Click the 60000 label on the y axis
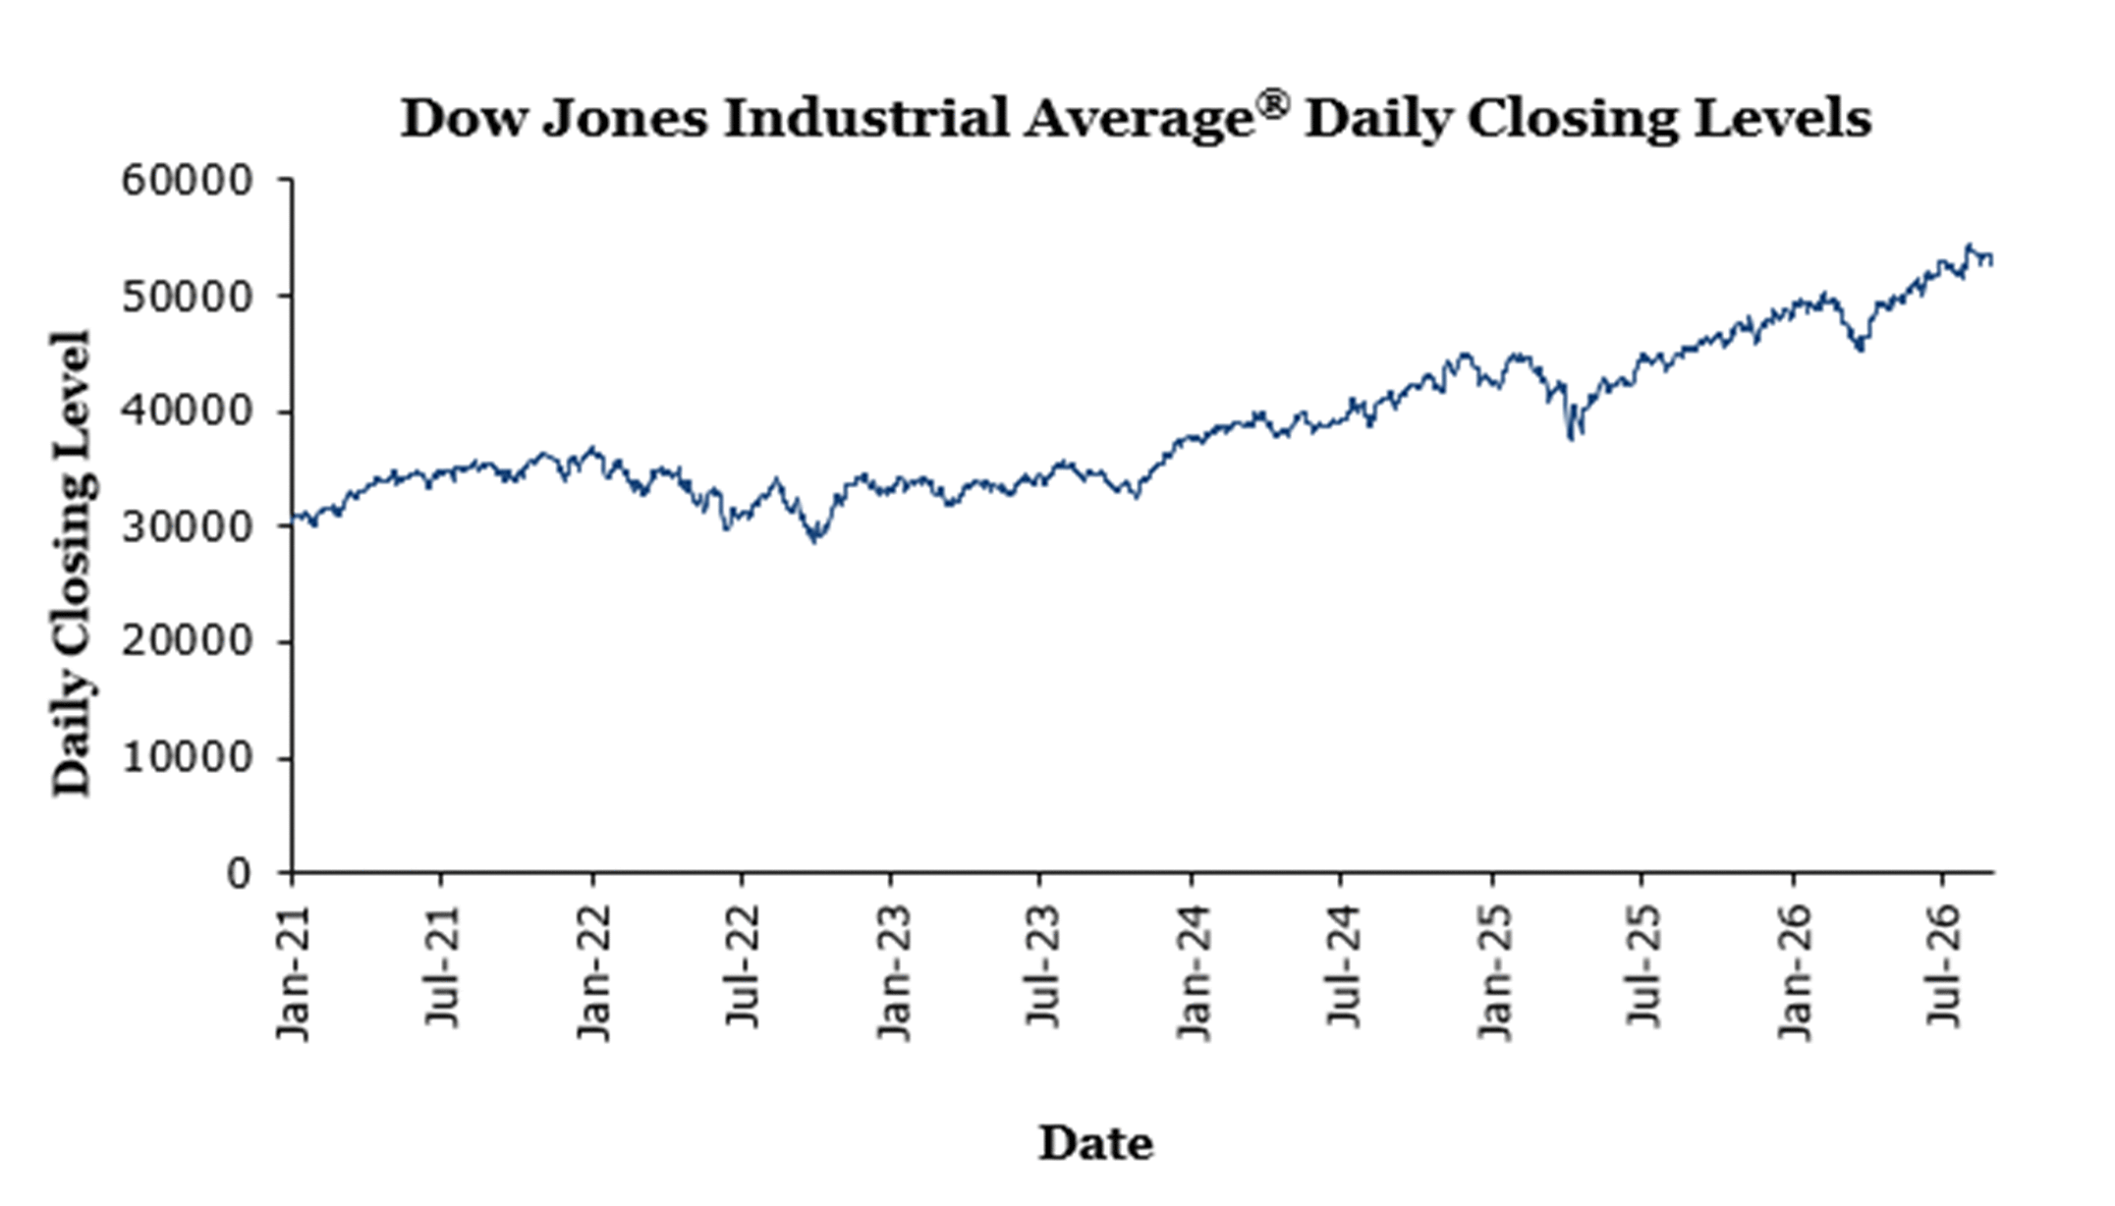point(187,181)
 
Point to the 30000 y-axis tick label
point(187,527)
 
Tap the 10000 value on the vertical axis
point(187,758)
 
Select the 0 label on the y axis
point(239,873)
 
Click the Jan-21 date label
point(293,972)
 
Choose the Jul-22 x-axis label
point(742,965)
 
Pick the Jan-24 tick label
point(1193,972)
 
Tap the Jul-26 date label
point(1943,965)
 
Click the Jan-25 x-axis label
point(1493,972)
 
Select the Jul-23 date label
point(1041,965)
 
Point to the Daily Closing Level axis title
point(72,563)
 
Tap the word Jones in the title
point(624,119)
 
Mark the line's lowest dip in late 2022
point(814,540)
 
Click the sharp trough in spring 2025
point(1572,437)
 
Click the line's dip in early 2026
point(1860,349)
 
